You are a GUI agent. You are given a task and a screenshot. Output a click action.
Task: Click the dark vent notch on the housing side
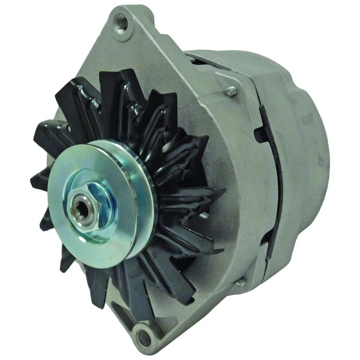tap(263, 133)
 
